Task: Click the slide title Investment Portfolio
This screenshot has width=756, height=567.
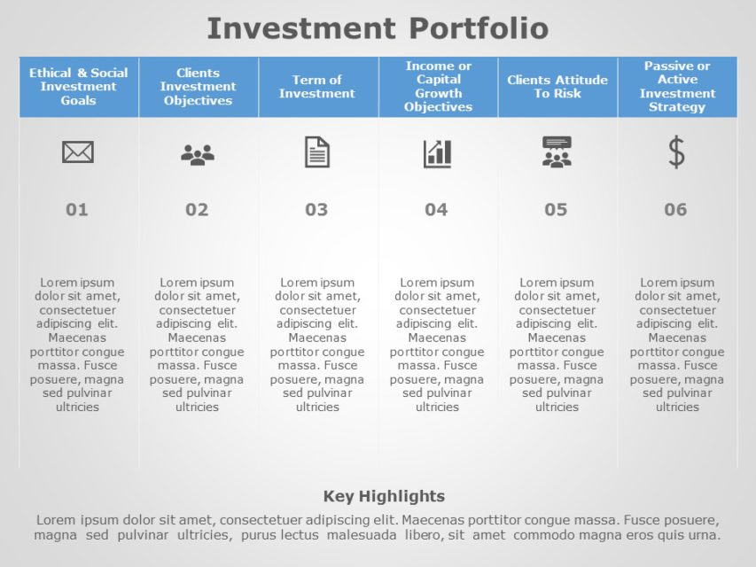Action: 378,28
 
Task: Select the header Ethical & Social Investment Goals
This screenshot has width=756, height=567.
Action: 78,87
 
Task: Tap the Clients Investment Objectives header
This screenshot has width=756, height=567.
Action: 198,87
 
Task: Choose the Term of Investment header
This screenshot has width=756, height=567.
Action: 317,87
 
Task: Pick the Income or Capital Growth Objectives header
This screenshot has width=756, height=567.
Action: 438,87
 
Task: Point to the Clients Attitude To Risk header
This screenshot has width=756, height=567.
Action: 557,87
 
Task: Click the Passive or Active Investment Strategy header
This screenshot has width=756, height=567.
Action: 677,87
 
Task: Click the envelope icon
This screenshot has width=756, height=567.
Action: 78,152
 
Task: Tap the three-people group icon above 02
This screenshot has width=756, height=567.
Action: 198,155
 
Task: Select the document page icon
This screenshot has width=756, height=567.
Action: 317,152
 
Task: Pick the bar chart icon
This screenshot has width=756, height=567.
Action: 437,153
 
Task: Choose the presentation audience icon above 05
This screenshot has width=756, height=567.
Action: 557,152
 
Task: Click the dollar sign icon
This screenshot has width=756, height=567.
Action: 676,152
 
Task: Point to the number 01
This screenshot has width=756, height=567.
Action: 77,210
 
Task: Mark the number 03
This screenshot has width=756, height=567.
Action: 316,210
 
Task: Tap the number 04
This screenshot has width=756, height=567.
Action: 436,210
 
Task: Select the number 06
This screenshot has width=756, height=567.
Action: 675,210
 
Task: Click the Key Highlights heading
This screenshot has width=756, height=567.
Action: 384,496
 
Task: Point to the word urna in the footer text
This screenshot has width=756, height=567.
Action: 705,535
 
